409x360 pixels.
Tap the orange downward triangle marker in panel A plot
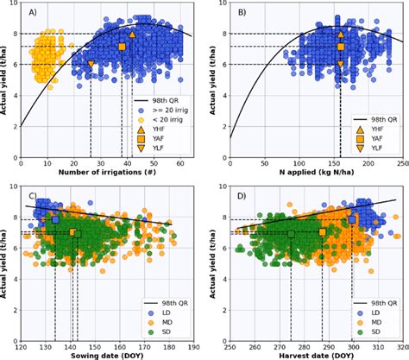tap(91, 64)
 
